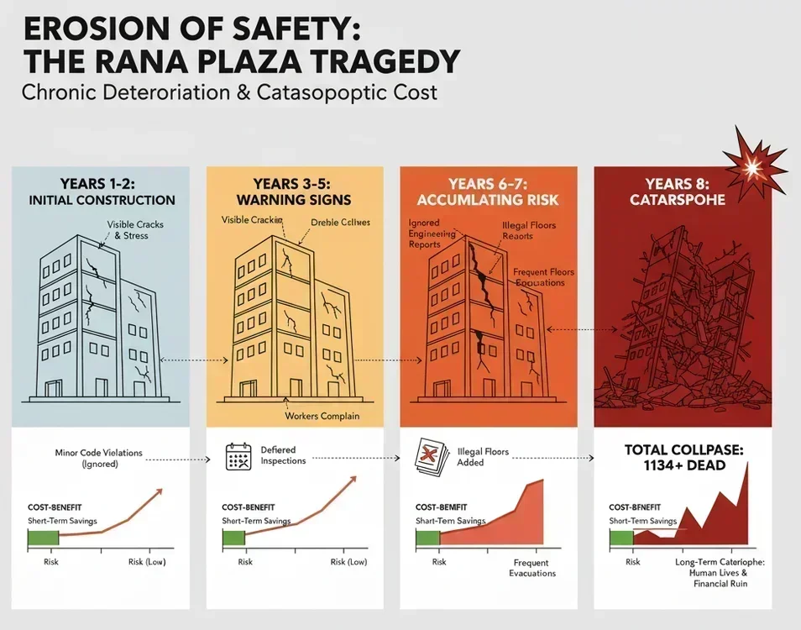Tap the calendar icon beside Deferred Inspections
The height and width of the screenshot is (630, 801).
239,456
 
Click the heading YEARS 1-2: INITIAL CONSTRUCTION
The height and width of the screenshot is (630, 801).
102,192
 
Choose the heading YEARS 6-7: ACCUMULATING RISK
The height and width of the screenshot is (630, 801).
488,192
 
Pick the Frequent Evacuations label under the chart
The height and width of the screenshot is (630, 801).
532,568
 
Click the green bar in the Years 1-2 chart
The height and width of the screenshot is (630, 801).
44,540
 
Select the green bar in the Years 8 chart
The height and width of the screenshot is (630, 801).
622,540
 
